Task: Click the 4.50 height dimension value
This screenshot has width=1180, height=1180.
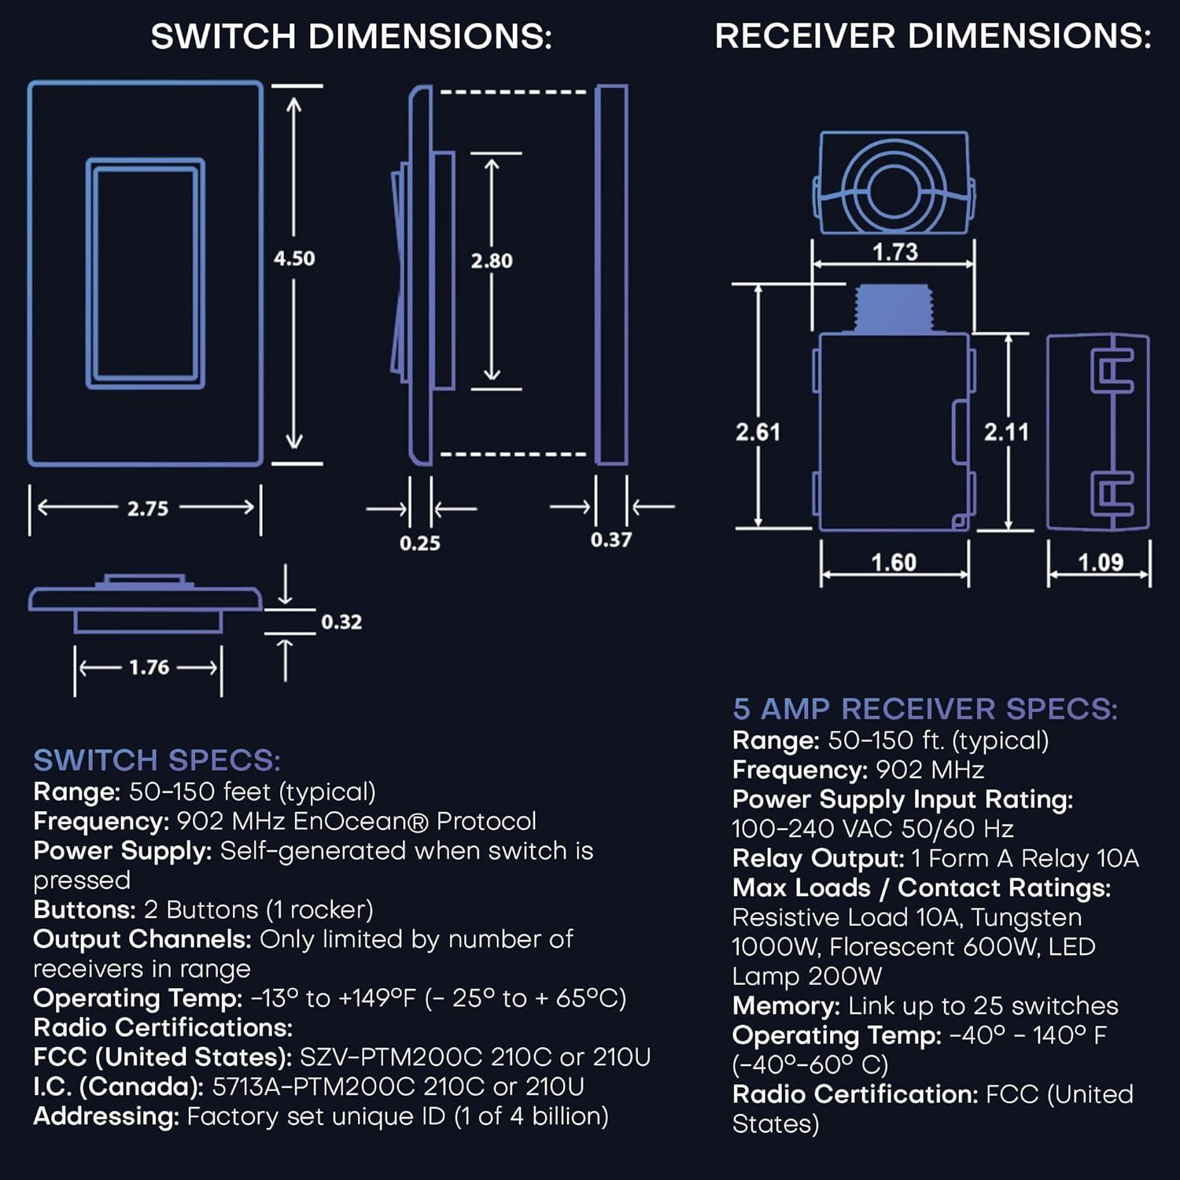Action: (x=294, y=258)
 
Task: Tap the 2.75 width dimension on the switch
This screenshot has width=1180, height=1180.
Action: (x=148, y=508)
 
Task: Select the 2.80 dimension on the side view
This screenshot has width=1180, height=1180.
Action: (x=492, y=260)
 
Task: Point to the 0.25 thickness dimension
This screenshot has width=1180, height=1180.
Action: (x=419, y=543)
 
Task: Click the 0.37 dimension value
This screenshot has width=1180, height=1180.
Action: (x=611, y=540)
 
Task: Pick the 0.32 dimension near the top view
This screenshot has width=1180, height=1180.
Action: (x=341, y=622)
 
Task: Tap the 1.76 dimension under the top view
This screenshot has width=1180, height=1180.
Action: (x=149, y=667)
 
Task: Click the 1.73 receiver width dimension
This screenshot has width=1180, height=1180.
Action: (x=895, y=252)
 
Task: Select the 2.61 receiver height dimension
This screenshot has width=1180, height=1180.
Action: (x=758, y=432)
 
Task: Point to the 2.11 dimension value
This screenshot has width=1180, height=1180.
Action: (x=1006, y=432)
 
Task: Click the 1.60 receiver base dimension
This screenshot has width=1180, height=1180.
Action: (x=894, y=562)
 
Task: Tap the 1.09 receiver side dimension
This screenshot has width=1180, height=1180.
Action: (x=1100, y=562)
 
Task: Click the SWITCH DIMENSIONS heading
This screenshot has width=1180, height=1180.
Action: (x=351, y=36)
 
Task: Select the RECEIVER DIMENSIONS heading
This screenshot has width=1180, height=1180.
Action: (x=932, y=36)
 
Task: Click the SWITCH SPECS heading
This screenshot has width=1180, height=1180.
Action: (x=157, y=760)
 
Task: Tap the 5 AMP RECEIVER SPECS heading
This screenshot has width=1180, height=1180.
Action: (x=924, y=709)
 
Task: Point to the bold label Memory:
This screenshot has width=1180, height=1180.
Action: (x=786, y=1005)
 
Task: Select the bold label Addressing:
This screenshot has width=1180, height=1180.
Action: (x=106, y=1116)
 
